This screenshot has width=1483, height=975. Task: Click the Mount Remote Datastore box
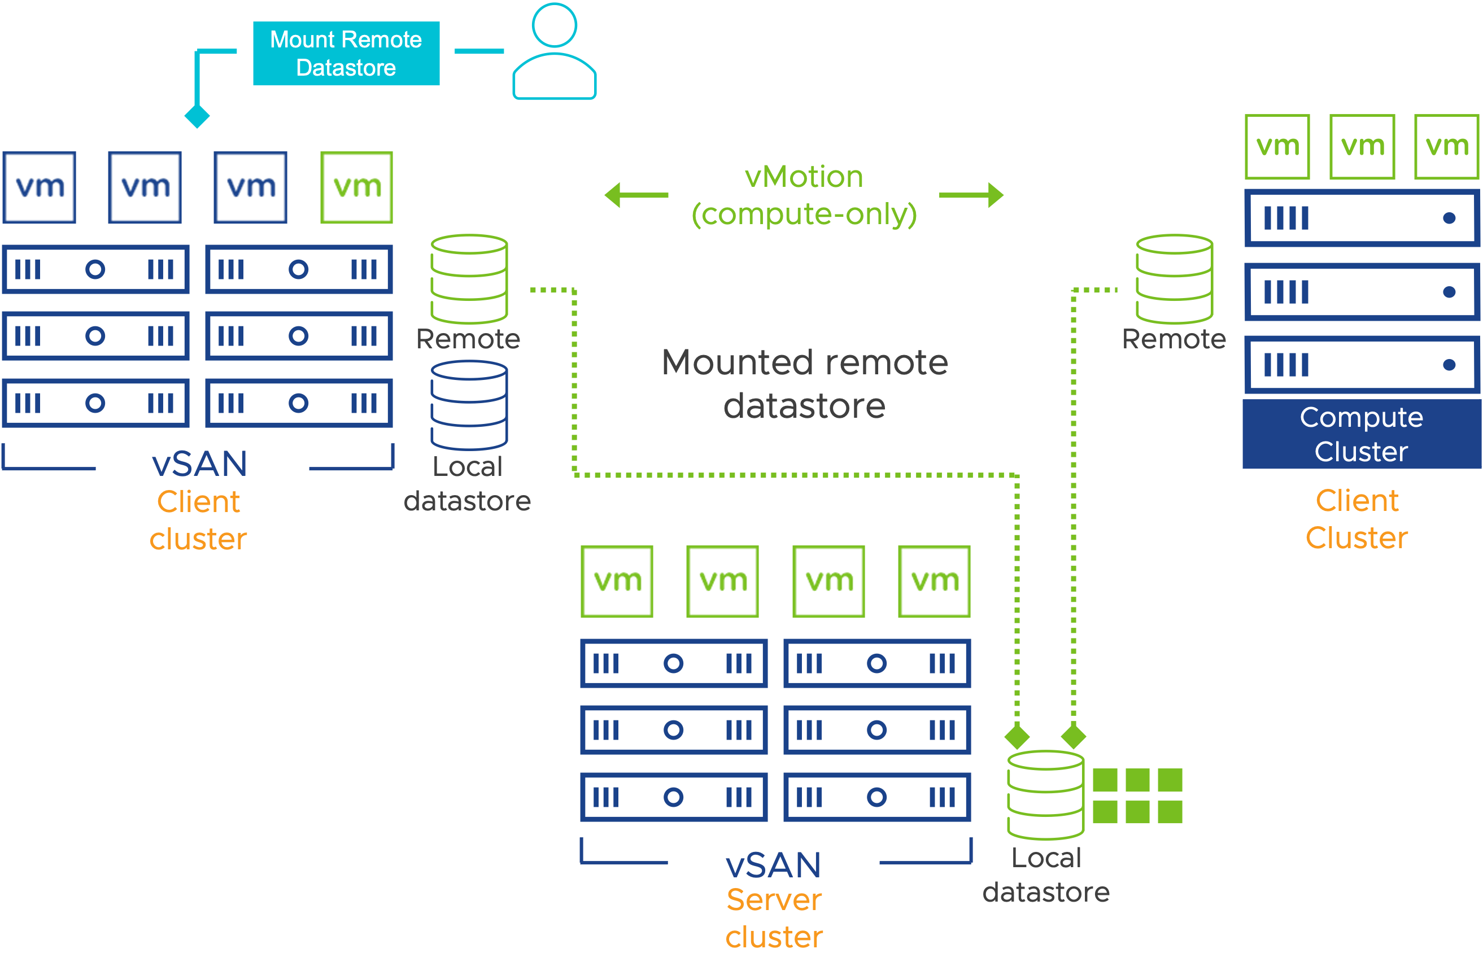pyautogui.click(x=346, y=54)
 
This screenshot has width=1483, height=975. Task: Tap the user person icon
pyautogui.click(x=554, y=53)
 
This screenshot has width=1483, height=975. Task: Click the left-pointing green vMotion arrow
pyautogui.click(x=635, y=195)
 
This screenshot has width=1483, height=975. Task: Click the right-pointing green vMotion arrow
pyautogui.click(x=972, y=195)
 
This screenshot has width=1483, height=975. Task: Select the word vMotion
pyautogui.click(x=804, y=177)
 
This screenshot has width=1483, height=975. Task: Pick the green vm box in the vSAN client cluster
pyautogui.click(x=356, y=187)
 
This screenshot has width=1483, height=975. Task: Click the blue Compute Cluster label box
pyautogui.click(x=1362, y=434)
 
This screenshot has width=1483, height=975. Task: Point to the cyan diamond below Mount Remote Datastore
pyautogui.click(x=197, y=116)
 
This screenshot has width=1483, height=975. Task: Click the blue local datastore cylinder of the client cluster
pyautogui.click(x=469, y=405)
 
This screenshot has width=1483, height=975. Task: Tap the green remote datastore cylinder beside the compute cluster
pyautogui.click(x=1174, y=279)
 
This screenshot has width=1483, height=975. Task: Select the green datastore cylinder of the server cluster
pyautogui.click(x=1045, y=795)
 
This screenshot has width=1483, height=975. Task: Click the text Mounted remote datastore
pyautogui.click(x=804, y=384)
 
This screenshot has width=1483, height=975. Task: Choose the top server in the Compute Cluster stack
pyautogui.click(x=1362, y=218)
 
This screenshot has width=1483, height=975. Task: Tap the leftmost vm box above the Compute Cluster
pyautogui.click(x=1277, y=147)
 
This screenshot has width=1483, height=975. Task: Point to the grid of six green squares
pyautogui.click(x=1137, y=795)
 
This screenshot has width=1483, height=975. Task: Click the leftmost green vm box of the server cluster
pyautogui.click(x=617, y=581)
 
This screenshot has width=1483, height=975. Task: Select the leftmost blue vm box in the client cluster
pyautogui.click(x=40, y=187)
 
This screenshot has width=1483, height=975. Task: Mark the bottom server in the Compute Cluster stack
pyautogui.click(x=1362, y=365)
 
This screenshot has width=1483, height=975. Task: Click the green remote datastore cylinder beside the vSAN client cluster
pyautogui.click(x=469, y=279)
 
